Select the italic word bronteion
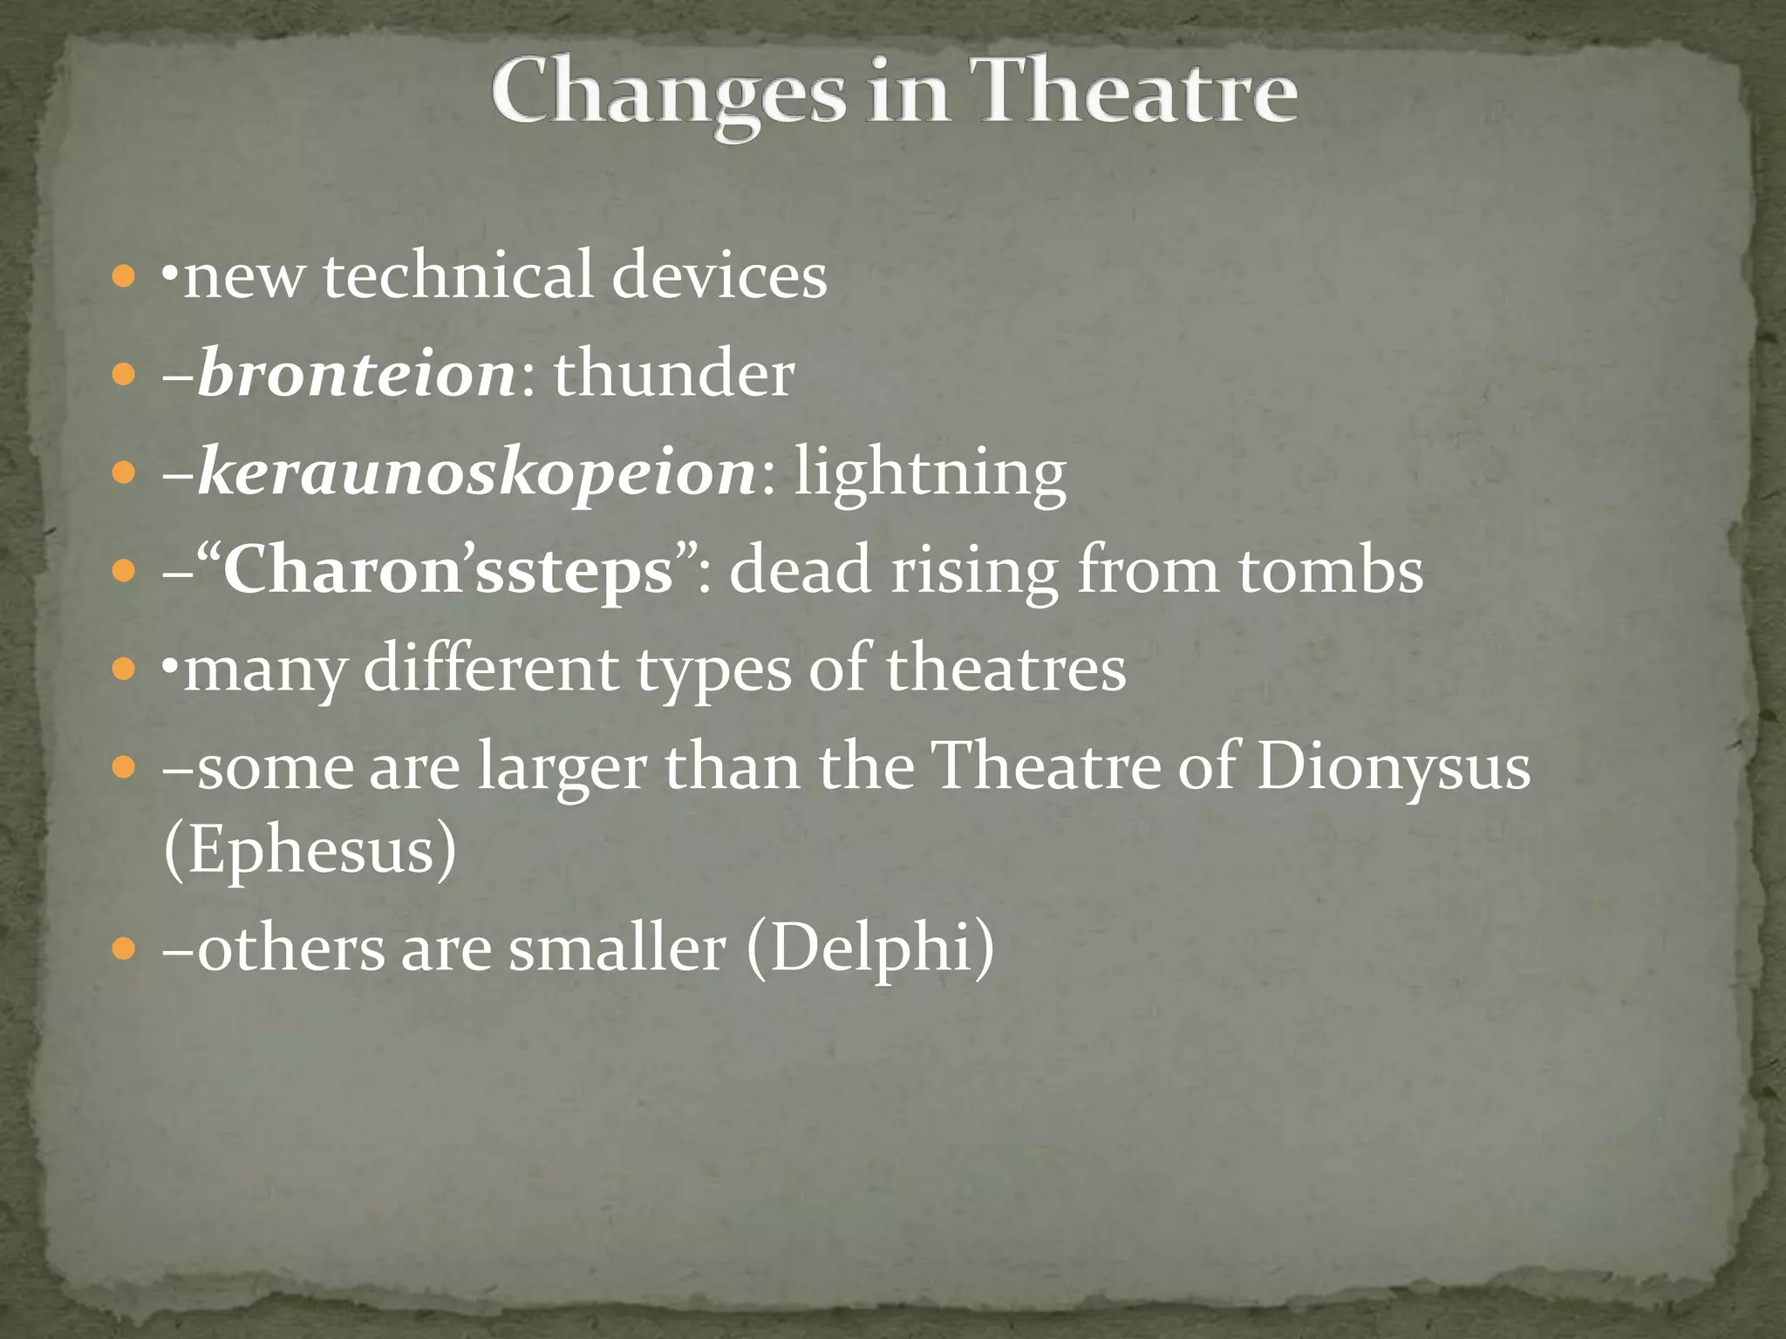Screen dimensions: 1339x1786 tap(357, 375)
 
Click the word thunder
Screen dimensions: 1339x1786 tap(674, 375)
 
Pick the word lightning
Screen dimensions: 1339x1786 tap(930, 473)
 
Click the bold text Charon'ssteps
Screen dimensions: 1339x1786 tap(448, 571)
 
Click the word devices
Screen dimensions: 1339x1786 tap(719, 276)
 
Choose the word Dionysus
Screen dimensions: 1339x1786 tap(1393, 767)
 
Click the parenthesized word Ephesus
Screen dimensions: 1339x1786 tap(310, 849)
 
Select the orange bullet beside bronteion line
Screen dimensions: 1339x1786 tap(125, 376)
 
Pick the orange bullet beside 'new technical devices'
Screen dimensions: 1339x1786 tap(125, 278)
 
